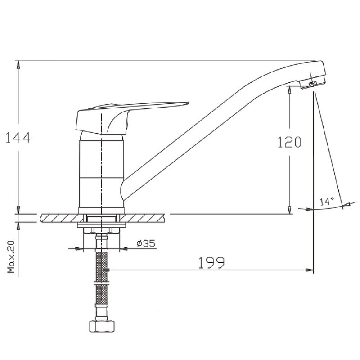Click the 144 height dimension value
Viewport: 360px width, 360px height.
tap(18, 138)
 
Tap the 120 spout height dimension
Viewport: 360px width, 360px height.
tap(289, 142)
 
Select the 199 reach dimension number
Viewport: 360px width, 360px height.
tap(211, 263)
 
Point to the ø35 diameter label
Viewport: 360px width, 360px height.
tap(146, 243)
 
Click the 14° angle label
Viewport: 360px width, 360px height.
tap(327, 201)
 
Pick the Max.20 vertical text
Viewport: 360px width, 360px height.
tap(11, 256)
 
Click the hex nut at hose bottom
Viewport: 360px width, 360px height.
tap(102, 326)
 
